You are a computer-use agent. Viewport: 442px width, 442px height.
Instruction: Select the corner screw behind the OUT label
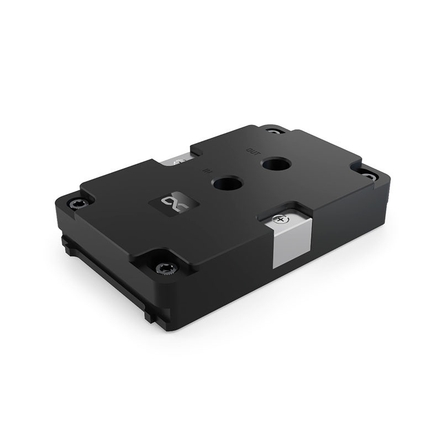272,131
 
